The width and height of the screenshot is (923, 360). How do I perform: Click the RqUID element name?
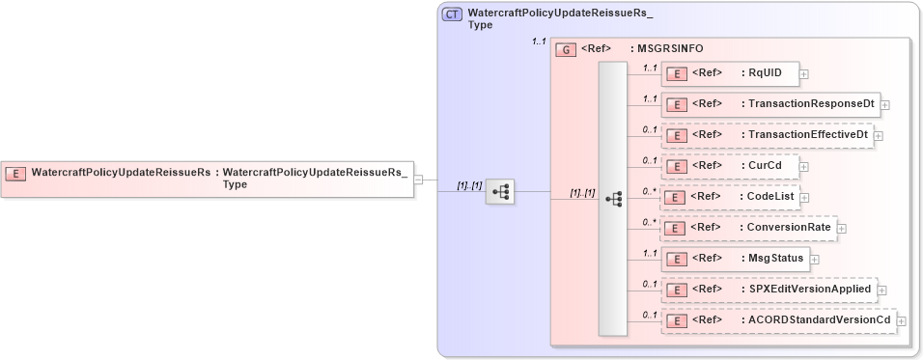(766, 72)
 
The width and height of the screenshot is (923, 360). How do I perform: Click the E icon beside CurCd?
(679, 166)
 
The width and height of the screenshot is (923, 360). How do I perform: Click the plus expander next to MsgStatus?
(815, 259)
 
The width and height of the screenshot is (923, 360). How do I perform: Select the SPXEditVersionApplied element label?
(810, 289)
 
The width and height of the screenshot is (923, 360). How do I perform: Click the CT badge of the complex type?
(452, 15)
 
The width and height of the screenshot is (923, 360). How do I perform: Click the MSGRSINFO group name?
(666, 48)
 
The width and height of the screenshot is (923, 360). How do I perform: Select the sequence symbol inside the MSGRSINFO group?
(612, 198)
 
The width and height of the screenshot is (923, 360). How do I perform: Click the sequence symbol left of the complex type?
(500, 192)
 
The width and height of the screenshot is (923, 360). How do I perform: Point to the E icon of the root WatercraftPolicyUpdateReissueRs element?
(15, 174)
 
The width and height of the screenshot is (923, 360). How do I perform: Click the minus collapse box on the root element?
(418, 179)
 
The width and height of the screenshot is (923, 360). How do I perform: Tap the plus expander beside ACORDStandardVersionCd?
(902, 320)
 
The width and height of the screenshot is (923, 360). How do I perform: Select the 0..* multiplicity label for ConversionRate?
(649, 222)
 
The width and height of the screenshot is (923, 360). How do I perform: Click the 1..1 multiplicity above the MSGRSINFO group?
(539, 42)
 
